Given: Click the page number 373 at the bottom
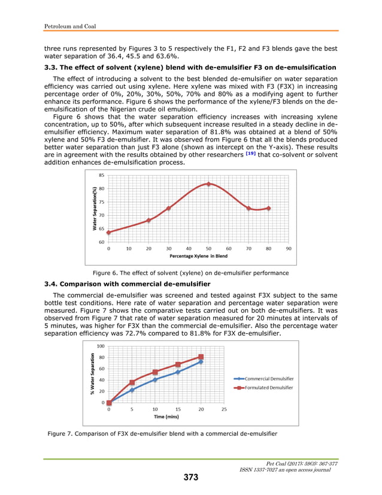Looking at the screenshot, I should point(190,477).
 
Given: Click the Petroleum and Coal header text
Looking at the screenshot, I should point(71,26).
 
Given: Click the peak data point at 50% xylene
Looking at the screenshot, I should point(208,183).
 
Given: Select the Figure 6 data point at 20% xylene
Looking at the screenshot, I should point(148,220).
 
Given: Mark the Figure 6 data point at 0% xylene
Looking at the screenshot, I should point(108,233).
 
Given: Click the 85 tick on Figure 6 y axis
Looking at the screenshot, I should point(101,176).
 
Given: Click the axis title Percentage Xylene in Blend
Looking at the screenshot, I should point(198,256).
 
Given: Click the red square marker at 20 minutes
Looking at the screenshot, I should point(201,357).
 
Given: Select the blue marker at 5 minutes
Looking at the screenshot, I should point(132,390).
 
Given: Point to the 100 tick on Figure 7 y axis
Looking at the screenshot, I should point(100,346).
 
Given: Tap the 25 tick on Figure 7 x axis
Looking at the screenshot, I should point(224,409).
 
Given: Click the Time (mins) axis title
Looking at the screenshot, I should point(166,416).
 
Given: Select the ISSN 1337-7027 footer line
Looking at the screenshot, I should point(284,469).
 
